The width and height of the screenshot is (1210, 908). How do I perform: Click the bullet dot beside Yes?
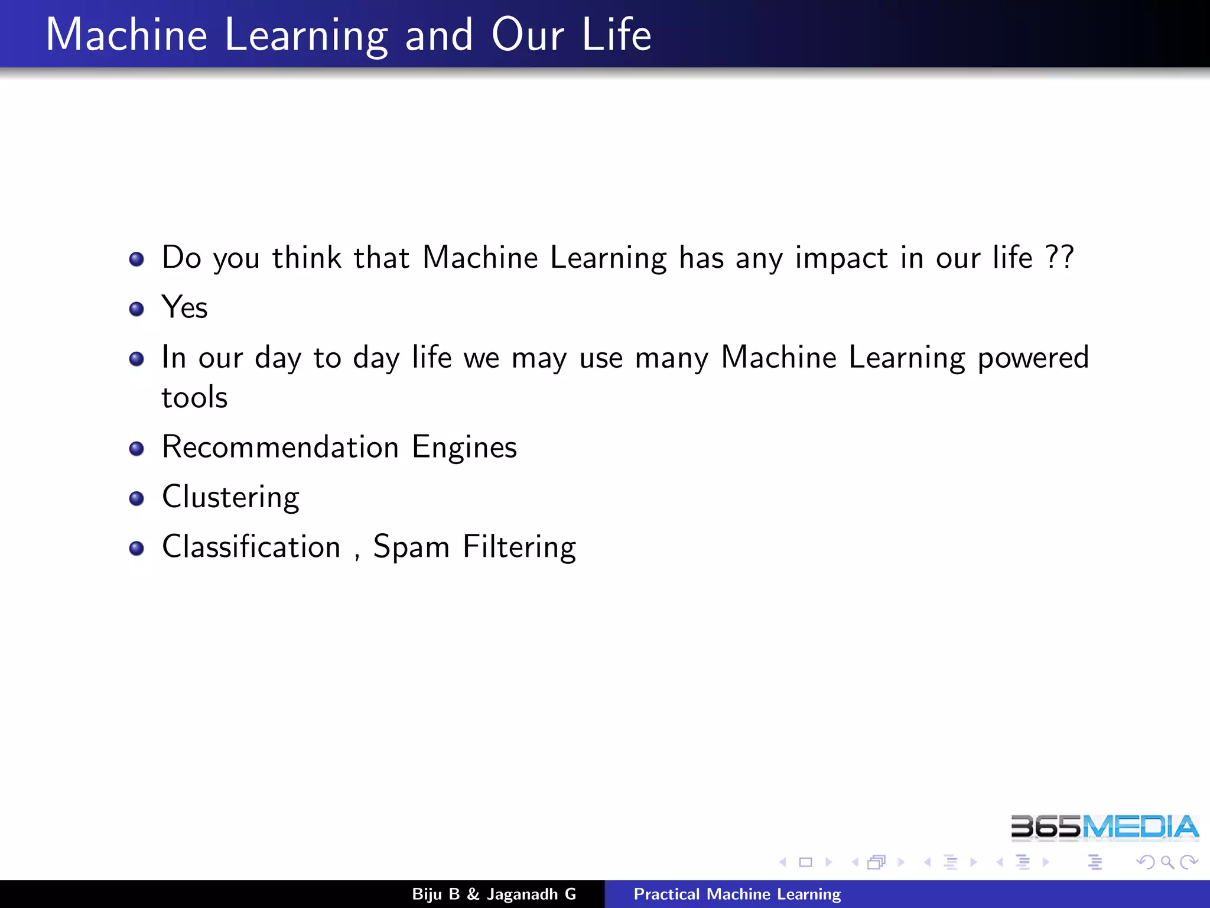136,309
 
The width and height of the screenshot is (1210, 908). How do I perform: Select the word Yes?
184,307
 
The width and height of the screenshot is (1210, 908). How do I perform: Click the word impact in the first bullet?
841,258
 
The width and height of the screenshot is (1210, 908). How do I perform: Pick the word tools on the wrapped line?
194,397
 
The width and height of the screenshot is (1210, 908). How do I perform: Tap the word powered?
1033,358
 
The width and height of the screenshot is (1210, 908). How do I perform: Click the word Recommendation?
281,447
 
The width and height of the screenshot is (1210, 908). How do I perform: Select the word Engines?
464,447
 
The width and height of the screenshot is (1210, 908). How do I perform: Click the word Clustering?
230,497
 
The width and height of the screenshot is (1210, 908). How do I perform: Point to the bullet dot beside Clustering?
136,498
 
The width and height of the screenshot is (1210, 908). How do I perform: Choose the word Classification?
251,547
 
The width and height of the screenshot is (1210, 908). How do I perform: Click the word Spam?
411,547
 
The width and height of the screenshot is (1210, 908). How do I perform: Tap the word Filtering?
519,547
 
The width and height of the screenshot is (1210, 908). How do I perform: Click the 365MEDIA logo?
1104,827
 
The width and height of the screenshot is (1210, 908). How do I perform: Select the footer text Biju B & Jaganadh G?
494,894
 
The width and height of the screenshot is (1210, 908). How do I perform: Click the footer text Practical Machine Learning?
737,894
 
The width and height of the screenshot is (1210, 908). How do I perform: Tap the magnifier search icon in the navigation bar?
1167,862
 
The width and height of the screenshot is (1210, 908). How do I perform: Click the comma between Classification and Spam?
357,556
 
